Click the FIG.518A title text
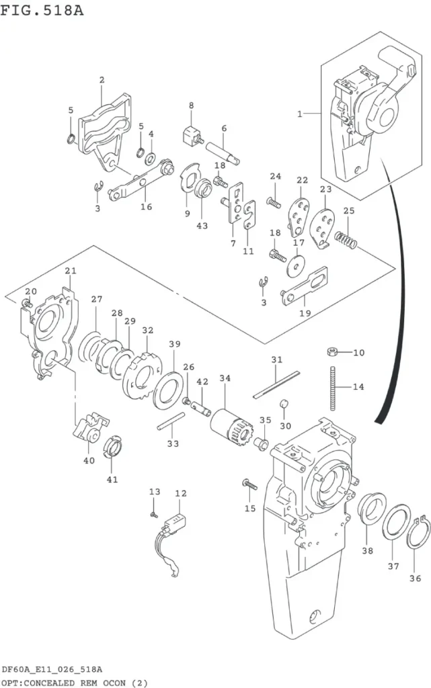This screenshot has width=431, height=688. (42, 9)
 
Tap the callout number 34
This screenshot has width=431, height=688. (225, 378)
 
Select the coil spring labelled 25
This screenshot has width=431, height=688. (346, 240)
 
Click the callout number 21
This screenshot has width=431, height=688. (71, 271)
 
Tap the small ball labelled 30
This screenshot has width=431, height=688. (284, 404)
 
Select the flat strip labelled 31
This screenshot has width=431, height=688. (276, 385)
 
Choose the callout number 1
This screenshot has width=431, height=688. (300, 114)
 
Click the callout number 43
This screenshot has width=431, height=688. (202, 226)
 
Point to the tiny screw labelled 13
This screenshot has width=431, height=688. (153, 514)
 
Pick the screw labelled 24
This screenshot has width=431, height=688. (274, 202)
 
